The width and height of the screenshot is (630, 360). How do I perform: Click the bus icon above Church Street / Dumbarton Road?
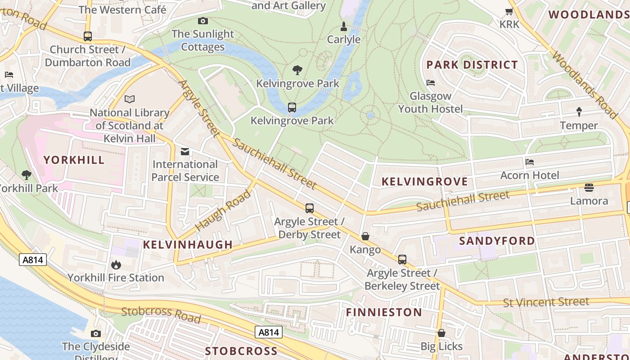(88, 36)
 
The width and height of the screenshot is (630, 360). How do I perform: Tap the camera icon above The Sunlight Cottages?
(203, 21)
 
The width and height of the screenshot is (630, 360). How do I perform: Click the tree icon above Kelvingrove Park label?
(297, 70)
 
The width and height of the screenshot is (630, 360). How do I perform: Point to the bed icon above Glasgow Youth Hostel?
(431, 83)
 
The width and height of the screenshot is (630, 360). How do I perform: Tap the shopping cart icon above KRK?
(509, 12)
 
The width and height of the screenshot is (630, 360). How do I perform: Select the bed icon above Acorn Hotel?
(530, 162)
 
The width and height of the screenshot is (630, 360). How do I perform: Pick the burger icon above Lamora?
(589, 188)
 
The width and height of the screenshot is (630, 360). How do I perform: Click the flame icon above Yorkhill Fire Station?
(116, 265)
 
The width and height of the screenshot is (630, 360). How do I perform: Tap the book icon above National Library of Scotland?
(130, 99)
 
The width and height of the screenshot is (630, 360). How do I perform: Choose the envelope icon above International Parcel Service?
(185, 151)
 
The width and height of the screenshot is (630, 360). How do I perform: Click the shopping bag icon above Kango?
(365, 237)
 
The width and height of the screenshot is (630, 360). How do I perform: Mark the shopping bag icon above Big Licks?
(441, 333)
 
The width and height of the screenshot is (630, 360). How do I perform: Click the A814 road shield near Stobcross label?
(269, 333)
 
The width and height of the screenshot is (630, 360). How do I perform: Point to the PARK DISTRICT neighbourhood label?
(472, 65)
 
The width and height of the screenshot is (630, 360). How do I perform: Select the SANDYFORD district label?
(497, 241)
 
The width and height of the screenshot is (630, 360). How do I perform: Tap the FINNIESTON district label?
(384, 312)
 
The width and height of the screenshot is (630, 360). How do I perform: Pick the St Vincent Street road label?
(546, 302)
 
